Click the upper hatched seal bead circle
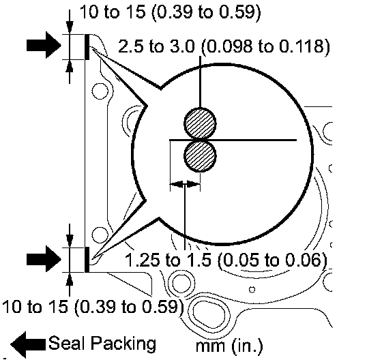[200, 123]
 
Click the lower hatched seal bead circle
[200, 156]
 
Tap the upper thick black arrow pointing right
[44, 45]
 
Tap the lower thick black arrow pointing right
[44, 258]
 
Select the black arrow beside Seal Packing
[28, 344]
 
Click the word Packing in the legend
[123, 344]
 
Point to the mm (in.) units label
[229, 346]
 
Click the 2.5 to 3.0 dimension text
[156, 46]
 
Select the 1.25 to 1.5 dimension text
[168, 260]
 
